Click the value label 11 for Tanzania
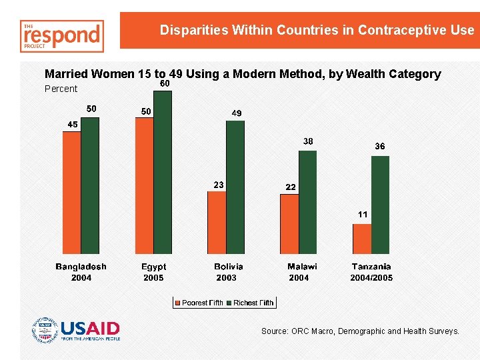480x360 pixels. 363,215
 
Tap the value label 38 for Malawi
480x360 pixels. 308,141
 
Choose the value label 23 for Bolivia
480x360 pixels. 217,184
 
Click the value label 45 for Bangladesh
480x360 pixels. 72,124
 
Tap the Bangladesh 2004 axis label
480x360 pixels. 81,272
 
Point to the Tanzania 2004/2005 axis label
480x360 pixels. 371,272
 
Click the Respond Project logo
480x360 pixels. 62,36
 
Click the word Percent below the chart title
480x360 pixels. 61,89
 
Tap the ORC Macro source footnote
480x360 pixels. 360,331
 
